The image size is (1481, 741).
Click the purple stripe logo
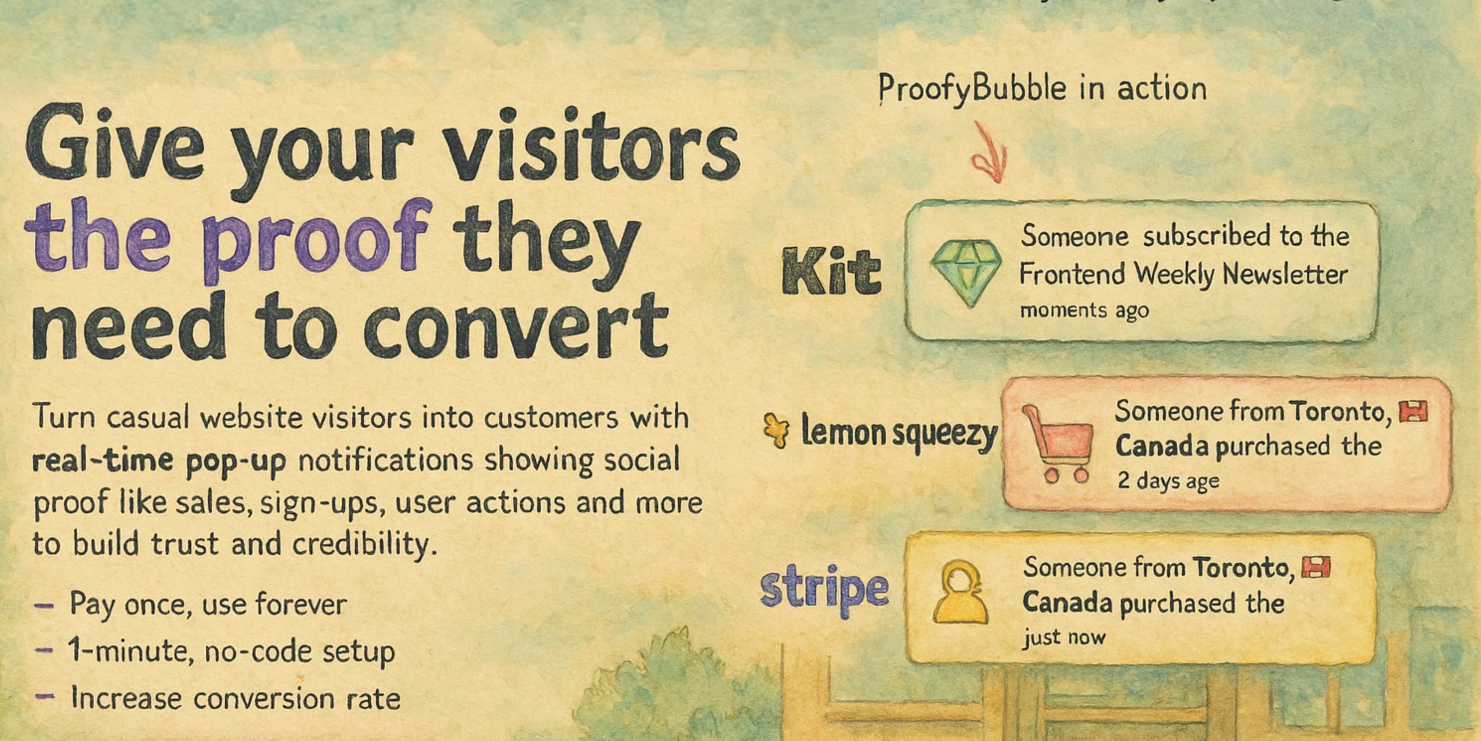(824, 590)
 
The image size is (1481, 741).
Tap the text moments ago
(1084, 310)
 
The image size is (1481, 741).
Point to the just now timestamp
(1064, 638)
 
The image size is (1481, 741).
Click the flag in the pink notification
(1412, 412)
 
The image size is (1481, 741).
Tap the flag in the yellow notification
(1316, 568)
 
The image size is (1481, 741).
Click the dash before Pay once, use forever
(44, 606)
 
